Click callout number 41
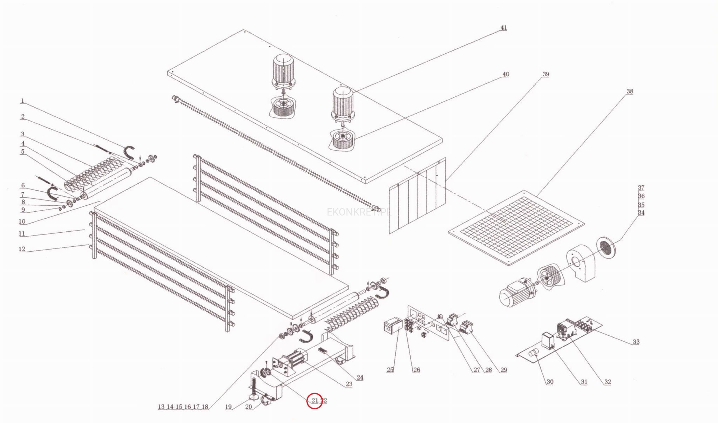point(503,28)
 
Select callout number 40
point(506,74)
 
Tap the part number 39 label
point(546,74)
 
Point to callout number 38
point(630,91)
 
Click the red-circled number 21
point(314,400)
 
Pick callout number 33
point(636,342)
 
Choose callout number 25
point(390,370)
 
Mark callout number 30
point(550,382)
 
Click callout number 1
point(22,101)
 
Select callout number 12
point(22,249)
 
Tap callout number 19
point(228,407)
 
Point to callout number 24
point(360,377)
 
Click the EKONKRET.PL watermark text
point(358,212)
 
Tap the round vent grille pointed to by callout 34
point(606,247)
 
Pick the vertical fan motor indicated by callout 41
point(343,103)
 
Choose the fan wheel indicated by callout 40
point(342,139)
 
